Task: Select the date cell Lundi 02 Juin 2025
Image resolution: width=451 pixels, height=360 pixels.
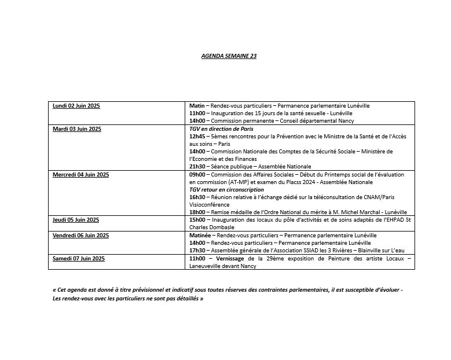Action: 76,106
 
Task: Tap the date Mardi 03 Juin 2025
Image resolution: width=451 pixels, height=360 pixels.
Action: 77,128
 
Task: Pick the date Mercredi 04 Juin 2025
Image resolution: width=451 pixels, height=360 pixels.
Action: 81,174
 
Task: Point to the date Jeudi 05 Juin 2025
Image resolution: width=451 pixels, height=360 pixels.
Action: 76,220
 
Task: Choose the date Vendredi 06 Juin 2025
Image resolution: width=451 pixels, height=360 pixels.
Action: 80,236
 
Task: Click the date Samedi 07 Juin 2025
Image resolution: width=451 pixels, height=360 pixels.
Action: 78,258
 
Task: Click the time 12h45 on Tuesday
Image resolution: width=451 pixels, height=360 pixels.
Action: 197,137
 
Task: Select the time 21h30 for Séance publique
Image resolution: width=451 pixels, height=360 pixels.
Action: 197,167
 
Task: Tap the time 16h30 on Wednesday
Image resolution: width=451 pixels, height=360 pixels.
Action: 197,197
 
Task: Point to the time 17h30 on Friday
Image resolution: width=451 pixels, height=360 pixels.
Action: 197,251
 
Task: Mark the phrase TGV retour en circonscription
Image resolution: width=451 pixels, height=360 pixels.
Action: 226,189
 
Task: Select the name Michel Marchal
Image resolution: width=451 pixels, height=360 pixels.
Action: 351,212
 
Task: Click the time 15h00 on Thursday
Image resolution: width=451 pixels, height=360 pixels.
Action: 197,220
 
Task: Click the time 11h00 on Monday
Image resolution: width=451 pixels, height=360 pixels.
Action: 197,113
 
